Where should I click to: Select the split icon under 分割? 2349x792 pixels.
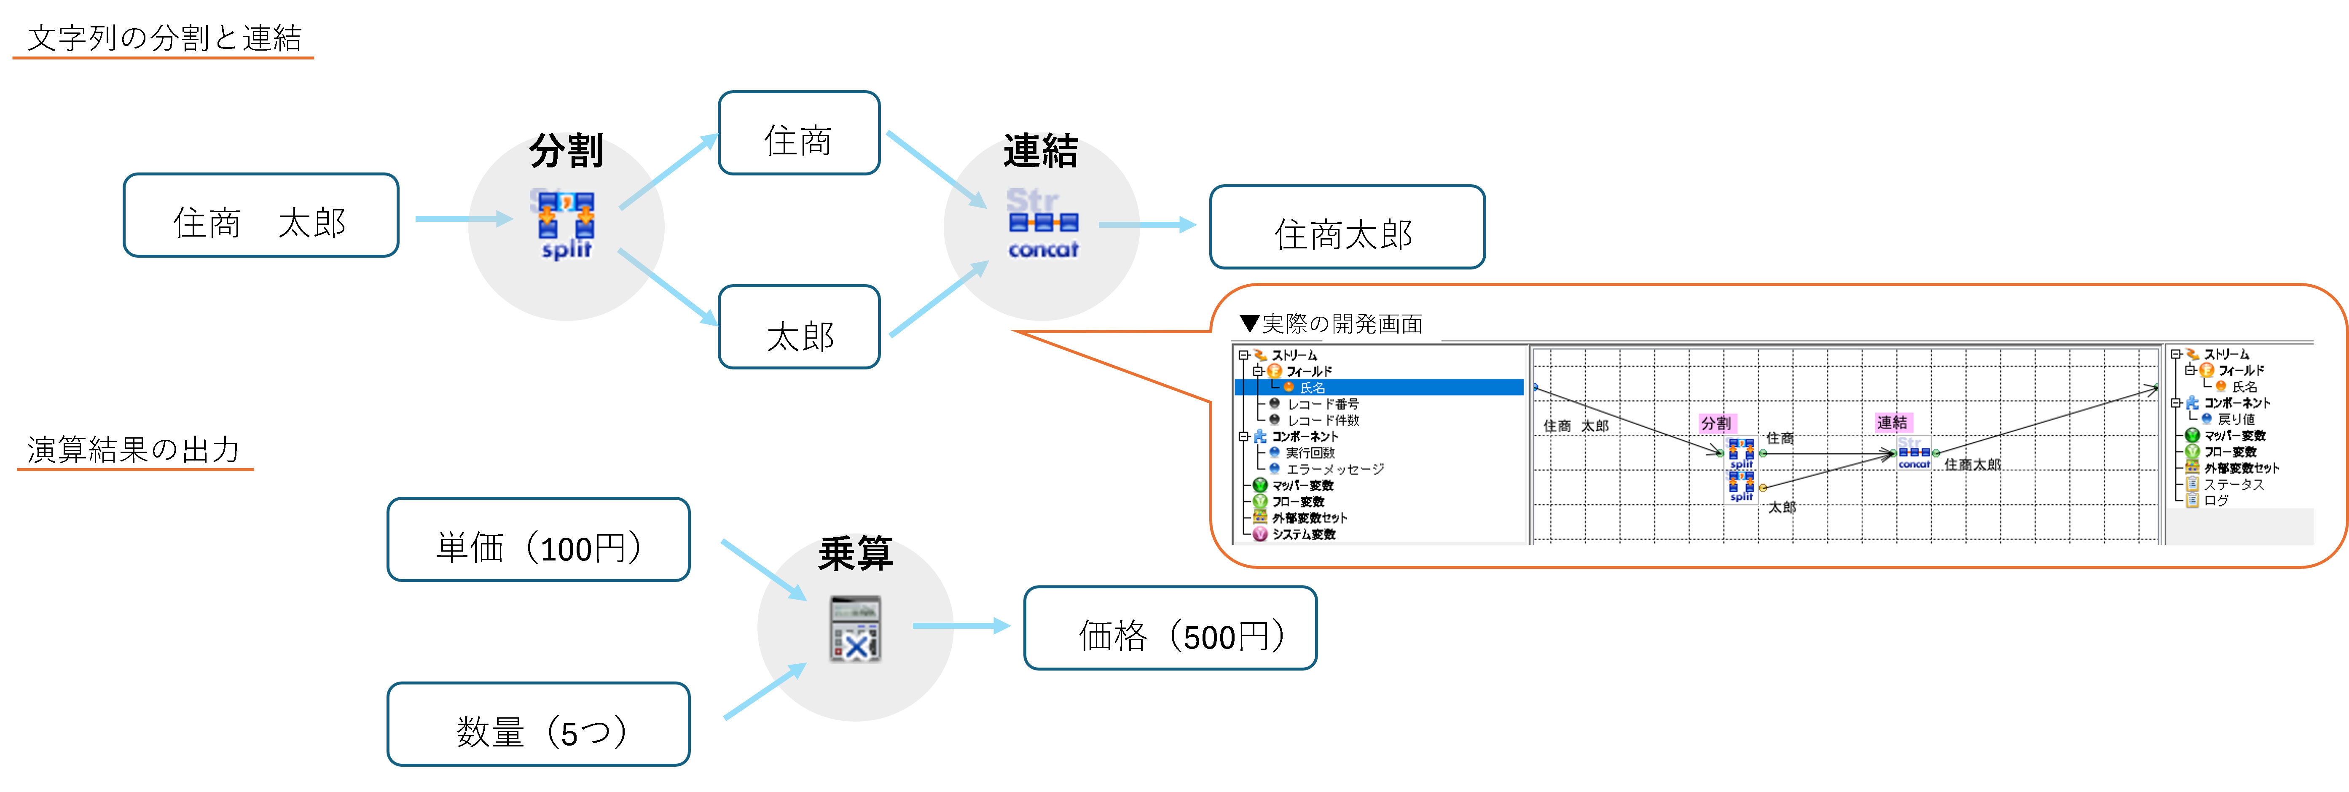point(565,224)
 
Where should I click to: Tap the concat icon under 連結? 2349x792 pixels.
point(1042,224)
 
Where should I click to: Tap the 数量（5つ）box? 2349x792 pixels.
point(538,725)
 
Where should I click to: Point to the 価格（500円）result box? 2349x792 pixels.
point(1170,629)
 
